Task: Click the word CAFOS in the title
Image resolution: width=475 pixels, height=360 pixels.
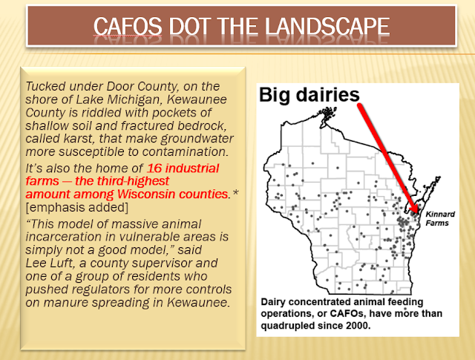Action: (128, 27)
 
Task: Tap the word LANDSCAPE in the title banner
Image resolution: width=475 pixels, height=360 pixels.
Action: (327, 27)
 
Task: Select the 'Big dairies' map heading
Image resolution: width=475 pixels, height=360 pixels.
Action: (309, 94)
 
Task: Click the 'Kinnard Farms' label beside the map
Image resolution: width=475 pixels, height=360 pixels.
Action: (440, 218)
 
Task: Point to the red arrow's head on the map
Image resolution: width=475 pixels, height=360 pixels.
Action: (413, 209)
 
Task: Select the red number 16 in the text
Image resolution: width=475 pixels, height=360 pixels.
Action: (154, 168)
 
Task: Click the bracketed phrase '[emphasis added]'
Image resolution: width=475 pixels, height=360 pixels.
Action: (77, 207)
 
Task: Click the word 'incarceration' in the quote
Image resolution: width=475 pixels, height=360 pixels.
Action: (64, 237)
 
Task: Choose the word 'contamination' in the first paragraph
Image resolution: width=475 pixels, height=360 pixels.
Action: (185, 151)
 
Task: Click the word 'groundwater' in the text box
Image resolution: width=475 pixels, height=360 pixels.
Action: (197, 139)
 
